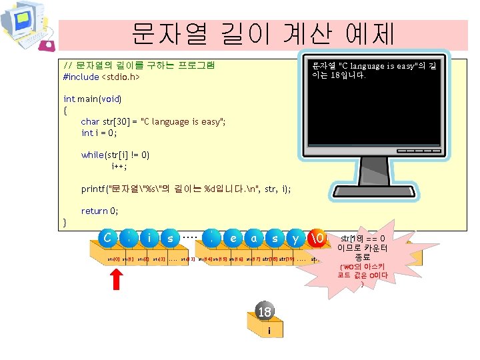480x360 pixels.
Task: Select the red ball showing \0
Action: coord(317,237)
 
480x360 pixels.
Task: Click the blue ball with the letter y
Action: coord(295,237)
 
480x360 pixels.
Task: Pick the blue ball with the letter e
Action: coord(233,237)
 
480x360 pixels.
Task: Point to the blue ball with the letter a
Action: coord(253,237)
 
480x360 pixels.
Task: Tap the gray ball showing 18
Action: coord(265,312)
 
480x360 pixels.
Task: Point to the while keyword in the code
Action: coord(92,155)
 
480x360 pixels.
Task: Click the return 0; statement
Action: coord(99,211)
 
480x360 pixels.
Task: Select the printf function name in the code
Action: coord(93,189)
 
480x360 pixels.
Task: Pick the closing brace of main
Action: coord(65,221)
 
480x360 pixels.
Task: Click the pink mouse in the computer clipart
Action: coord(47,45)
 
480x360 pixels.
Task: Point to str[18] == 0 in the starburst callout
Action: coord(363,239)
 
